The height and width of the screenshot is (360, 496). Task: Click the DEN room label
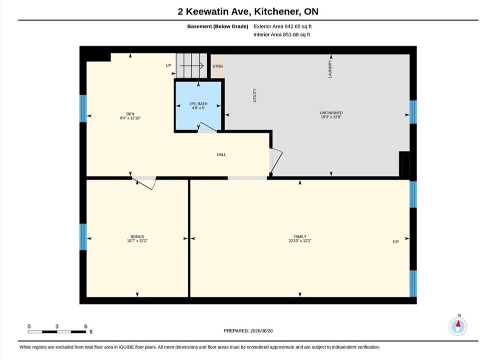point(130,114)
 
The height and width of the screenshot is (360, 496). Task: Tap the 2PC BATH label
point(198,104)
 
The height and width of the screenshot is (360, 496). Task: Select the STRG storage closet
point(218,66)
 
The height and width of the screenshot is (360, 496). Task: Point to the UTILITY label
point(255,95)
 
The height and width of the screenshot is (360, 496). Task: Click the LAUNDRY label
point(330,69)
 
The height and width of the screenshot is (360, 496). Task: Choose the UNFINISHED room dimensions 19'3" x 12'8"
point(331,117)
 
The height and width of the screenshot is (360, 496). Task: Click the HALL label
point(221,154)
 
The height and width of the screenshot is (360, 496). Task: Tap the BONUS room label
point(137,236)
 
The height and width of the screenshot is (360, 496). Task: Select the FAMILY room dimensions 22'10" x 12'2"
point(300,240)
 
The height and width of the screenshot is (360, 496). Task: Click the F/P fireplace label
point(396,242)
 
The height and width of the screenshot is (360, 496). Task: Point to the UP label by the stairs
point(168,65)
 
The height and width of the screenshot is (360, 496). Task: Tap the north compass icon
point(458,326)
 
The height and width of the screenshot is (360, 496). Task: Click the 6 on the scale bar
point(86,326)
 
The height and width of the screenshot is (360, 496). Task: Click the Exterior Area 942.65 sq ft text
point(283,26)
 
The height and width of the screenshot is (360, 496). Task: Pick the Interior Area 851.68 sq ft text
point(282,34)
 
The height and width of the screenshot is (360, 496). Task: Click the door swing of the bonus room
point(144,183)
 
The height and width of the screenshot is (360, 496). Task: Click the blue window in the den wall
point(83,108)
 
